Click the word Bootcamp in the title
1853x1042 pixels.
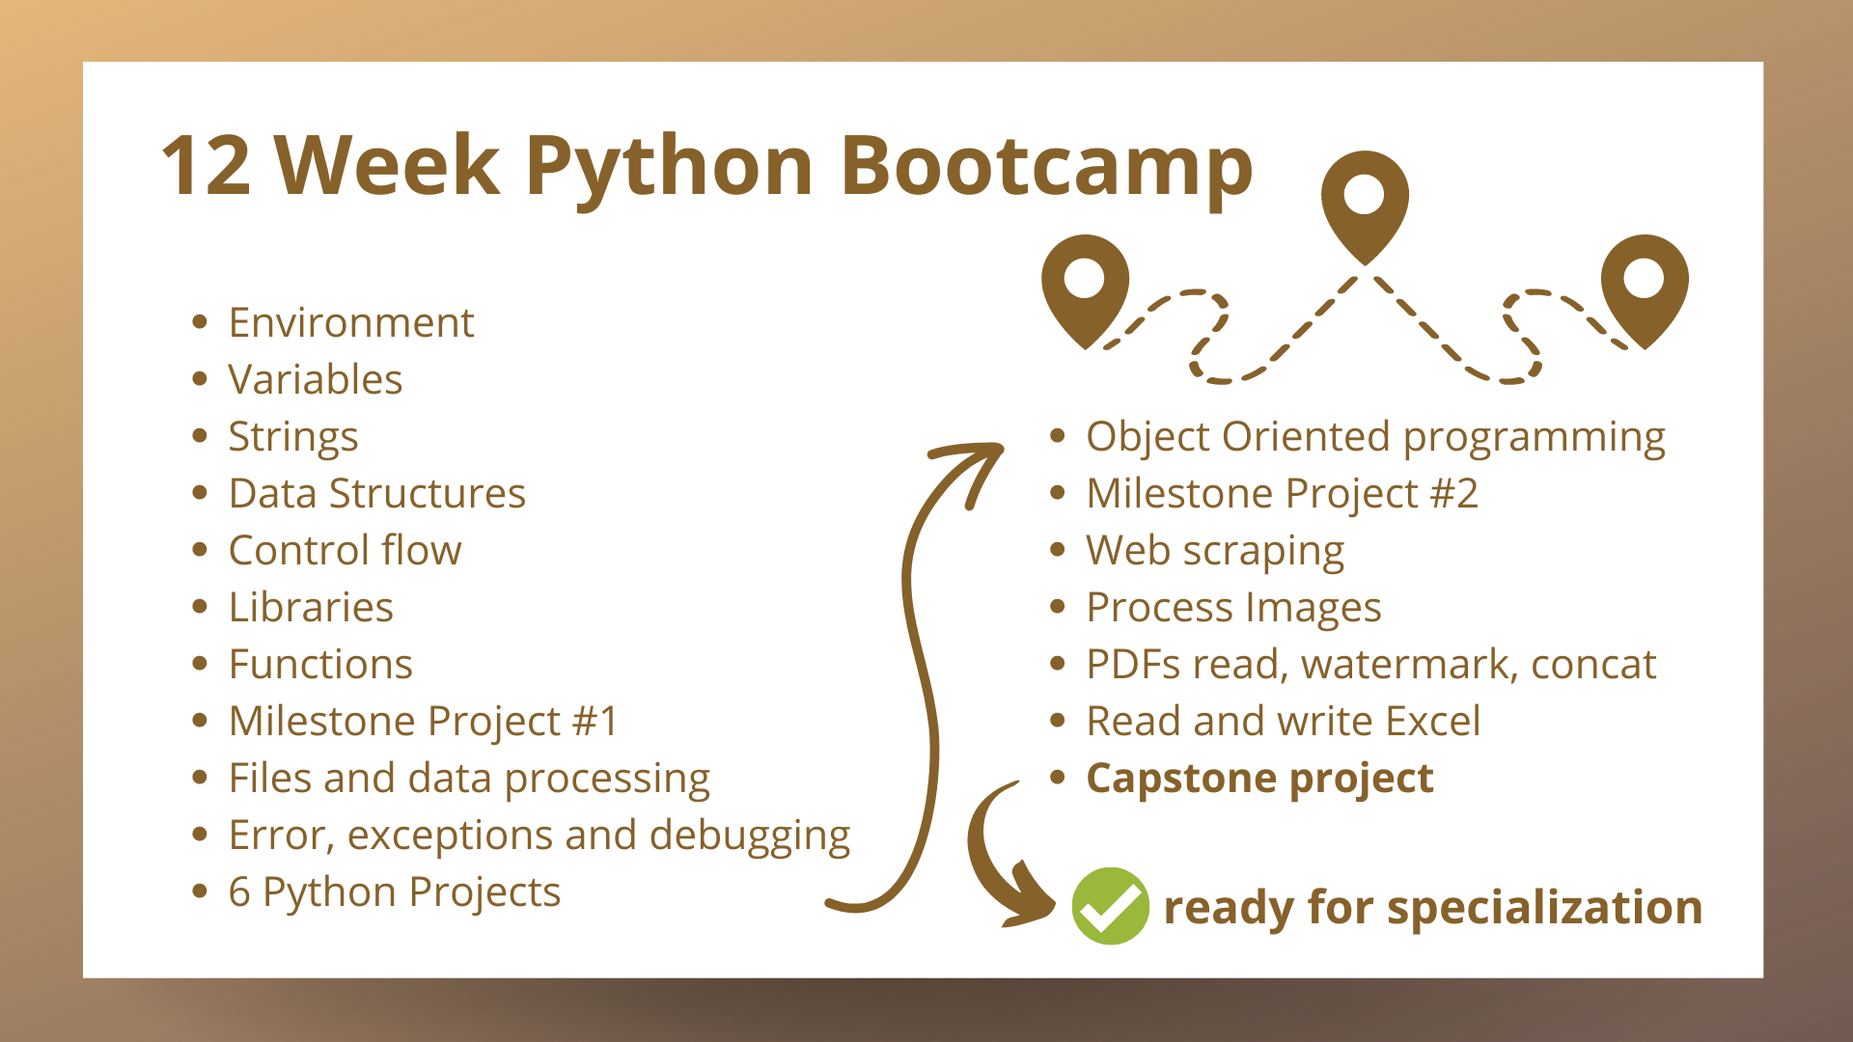point(1046,166)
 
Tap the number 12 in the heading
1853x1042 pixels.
point(207,166)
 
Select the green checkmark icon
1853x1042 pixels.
point(1110,906)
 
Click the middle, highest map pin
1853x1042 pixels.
point(1365,206)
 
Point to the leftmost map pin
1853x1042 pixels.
point(1085,289)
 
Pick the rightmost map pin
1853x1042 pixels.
point(1645,289)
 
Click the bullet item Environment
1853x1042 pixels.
point(351,322)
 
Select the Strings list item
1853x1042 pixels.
point(293,438)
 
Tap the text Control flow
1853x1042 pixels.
point(346,550)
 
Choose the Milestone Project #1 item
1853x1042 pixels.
point(424,722)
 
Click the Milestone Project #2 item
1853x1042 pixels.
point(1283,494)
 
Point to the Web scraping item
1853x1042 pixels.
point(1215,552)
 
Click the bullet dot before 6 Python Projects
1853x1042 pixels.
point(200,891)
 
